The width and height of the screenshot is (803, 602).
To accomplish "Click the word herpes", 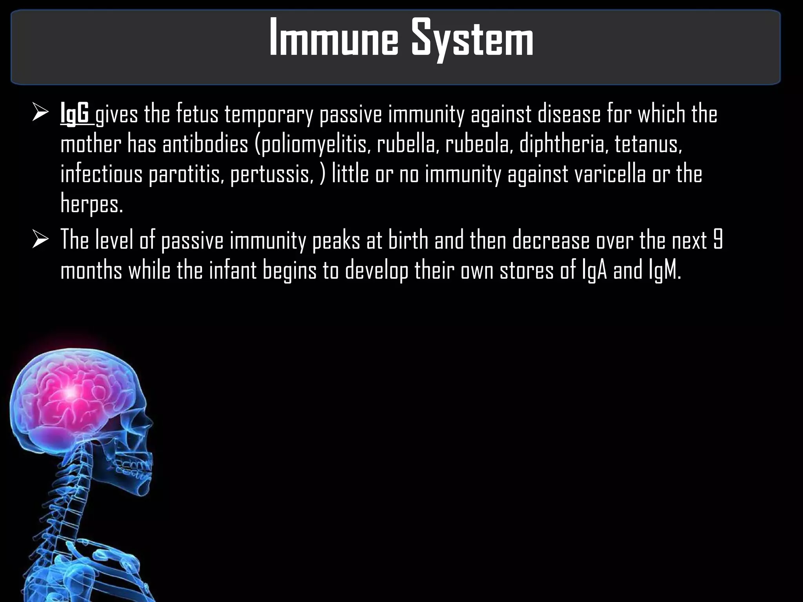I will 92,204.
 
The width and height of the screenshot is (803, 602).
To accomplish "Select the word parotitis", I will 187,174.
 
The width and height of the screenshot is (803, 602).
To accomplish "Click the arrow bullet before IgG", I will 40,114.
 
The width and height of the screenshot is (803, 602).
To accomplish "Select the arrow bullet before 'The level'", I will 40,240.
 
